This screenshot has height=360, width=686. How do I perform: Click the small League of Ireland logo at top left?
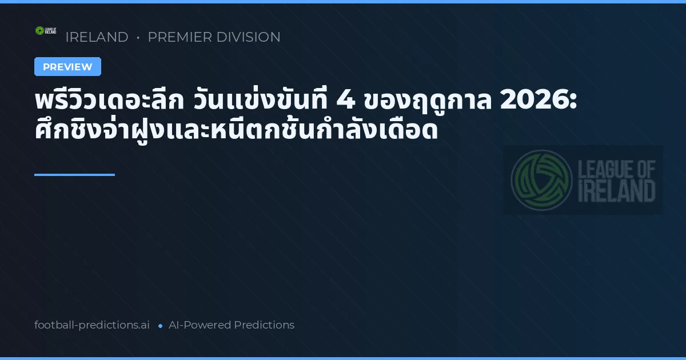click(x=46, y=30)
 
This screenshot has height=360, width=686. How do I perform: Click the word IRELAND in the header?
click(x=97, y=37)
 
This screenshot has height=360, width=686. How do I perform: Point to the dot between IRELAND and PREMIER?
click(x=138, y=38)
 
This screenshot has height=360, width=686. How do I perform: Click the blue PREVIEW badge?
click(x=67, y=67)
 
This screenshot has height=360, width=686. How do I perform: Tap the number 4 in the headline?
click(x=346, y=102)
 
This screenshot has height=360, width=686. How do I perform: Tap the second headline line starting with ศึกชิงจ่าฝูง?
click(x=236, y=131)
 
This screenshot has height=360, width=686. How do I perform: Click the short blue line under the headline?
click(x=74, y=175)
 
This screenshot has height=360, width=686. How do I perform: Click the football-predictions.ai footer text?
click(x=92, y=325)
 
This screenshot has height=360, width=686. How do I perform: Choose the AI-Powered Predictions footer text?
click(x=232, y=325)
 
